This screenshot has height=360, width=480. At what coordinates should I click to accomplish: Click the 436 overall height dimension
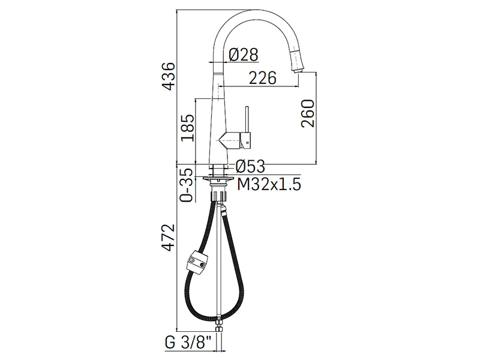click(x=169, y=76)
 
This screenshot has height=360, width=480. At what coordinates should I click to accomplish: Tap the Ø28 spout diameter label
click(x=244, y=55)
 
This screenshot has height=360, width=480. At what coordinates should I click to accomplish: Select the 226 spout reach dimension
click(x=262, y=78)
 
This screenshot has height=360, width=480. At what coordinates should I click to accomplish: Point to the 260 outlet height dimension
click(x=308, y=113)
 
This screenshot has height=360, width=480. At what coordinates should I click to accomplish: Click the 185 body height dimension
click(x=188, y=128)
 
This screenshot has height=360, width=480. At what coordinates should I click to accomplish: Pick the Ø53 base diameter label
click(x=250, y=167)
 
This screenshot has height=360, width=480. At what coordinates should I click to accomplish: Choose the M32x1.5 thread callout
click(x=269, y=184)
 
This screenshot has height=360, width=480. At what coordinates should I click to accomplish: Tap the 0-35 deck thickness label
click(x=187, y=185)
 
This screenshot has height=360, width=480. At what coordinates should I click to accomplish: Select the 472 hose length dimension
click(x=169, y=238)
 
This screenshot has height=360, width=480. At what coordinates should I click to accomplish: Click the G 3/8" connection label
click(x=188, y=343)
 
